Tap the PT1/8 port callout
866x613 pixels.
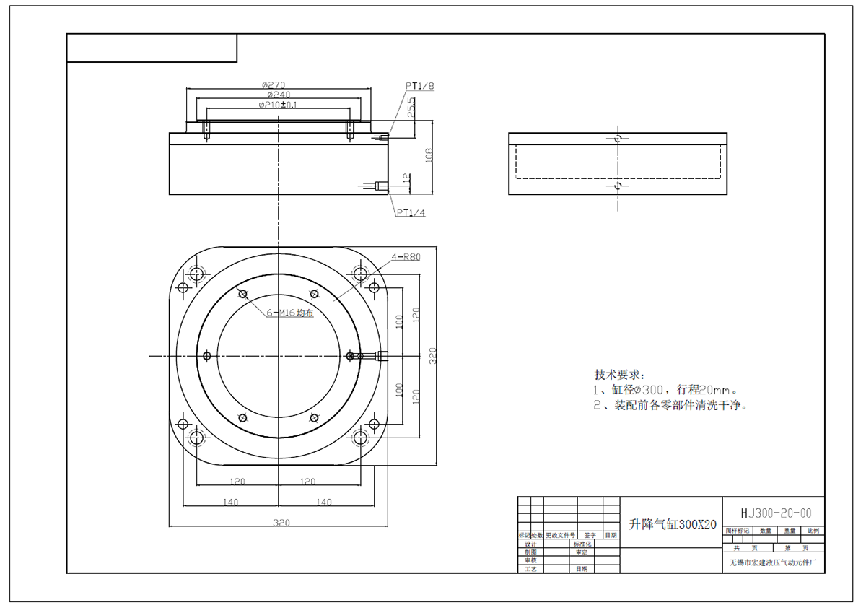419,86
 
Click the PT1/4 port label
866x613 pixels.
410,213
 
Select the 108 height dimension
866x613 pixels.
429,156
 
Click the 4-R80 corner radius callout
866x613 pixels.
406,256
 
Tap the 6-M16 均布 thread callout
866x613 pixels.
290,313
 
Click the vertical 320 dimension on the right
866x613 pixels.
433,355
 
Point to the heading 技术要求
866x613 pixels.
618,375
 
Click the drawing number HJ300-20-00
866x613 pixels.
776,513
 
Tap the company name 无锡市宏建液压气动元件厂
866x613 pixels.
775,562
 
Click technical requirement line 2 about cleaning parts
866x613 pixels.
670,405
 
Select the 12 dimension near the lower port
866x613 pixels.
406,178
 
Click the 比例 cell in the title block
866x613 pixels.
813,531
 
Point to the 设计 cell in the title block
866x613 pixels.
530,544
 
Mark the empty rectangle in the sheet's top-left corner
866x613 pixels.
152,48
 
